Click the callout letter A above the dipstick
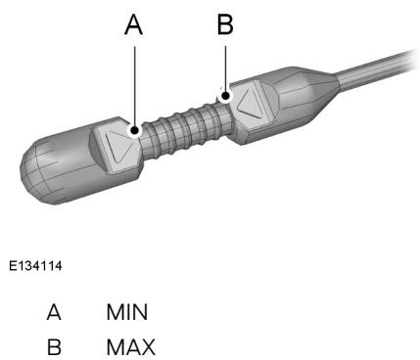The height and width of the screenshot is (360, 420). pyautogui.click(x=134, y=25)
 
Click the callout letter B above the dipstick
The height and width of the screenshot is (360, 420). pyautogui.click(x=225, y=24)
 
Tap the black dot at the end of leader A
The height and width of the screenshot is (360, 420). pyautogui.click(x=134, y=130)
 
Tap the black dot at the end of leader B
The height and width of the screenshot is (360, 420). pyautogui.click(x=225, y=96)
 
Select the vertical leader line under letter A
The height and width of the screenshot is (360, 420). pyautogui.click(x=134, y=86)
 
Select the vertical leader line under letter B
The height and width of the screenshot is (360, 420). pyautogui.click(x=225, y=69)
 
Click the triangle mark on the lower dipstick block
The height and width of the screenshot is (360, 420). pyautogui.click(x=120, y=146)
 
